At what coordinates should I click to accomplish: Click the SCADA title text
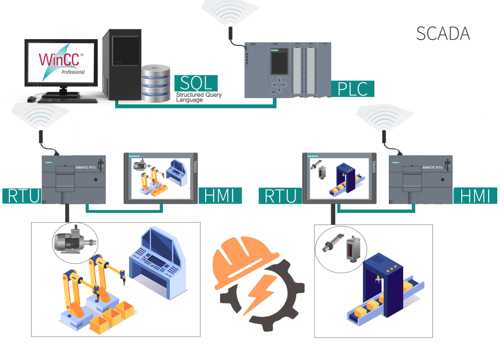[x=443, y=34]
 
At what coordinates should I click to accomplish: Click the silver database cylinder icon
[x=156, y=83]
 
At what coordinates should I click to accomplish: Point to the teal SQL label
[x=196, y=83]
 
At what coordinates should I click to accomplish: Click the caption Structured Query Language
[x=198, y=97]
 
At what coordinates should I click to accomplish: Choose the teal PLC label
[x=352, y=89]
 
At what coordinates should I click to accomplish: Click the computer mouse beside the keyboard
[x=31, y=99]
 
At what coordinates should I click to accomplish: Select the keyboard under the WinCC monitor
[x=67, y=99]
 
